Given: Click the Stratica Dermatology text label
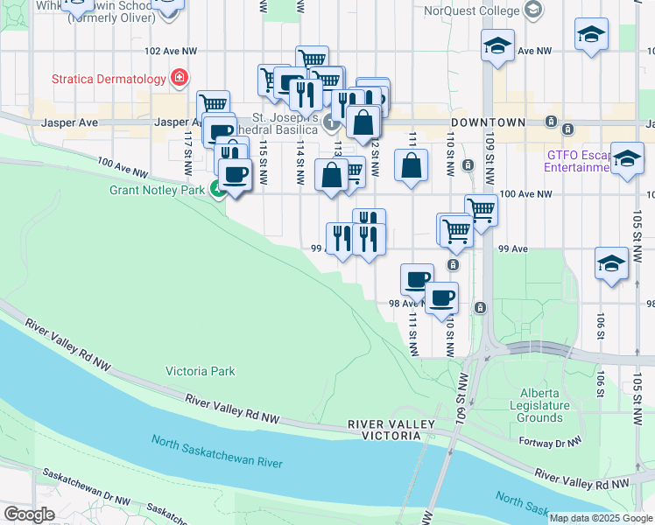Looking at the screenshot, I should coord(109,80).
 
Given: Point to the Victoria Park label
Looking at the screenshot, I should coord(201,371).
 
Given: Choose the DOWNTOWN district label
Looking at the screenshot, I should coord(488,122).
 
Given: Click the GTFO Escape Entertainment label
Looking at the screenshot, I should coord(579,160).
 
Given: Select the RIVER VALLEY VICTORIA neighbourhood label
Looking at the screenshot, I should coord(391,430).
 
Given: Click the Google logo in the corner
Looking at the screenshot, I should coord(29,514).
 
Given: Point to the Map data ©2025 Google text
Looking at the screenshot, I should coord(602,518).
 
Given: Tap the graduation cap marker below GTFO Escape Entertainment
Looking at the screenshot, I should coord(627,159).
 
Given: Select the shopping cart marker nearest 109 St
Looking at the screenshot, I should coord(480,207).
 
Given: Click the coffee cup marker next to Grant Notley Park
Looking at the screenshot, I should coord(233,174).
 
